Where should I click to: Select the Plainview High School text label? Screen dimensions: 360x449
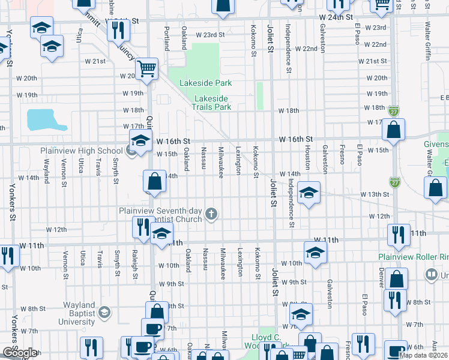tap(81, 151)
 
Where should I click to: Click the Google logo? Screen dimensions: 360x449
tap(19, 353)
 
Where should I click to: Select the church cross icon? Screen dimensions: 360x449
tap(211, 213)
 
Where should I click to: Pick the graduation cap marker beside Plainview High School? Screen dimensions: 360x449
tap(140, 142)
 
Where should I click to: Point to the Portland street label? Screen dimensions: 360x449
tap(166, 37)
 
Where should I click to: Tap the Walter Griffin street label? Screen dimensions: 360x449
tap(428, 41)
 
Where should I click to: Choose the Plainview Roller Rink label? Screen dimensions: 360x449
tap(414, 257)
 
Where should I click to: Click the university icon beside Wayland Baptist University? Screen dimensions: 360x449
tap(104, 312)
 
